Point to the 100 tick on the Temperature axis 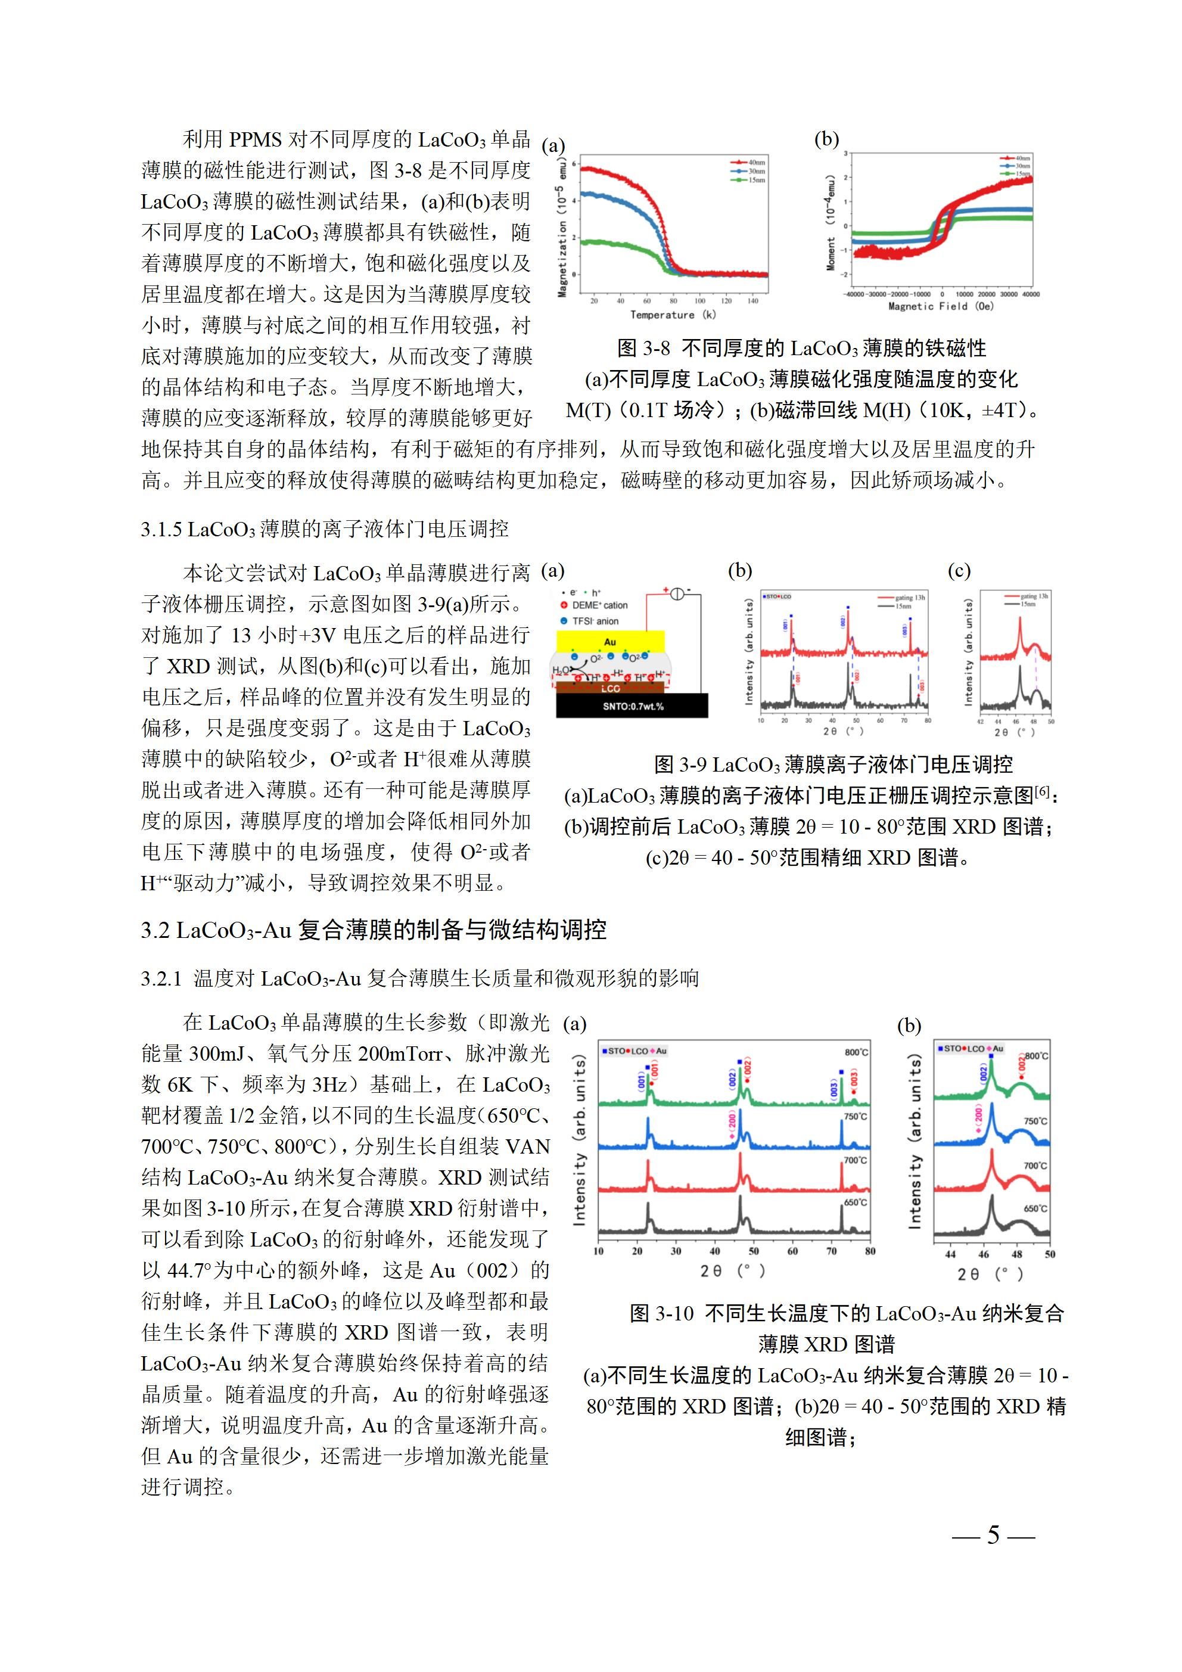[x=700, y=300]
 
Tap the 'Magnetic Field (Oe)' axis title [x=940, y=307]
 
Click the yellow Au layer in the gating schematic [x=610, y=642]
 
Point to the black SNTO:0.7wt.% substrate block [x=632, y=706]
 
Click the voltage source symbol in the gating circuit [x=677, y=593]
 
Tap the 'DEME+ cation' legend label [x=599, y=605]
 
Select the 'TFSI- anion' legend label [x=595, y=621]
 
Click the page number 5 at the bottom [x=993, y=1535]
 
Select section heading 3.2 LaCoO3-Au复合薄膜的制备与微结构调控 [x=374, y=930]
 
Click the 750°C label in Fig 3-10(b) [x=1035, y=1121]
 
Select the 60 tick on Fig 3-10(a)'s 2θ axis [x=792, y=1251]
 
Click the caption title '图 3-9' [x=680, y=764]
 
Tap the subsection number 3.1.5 [x=161, y=529]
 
